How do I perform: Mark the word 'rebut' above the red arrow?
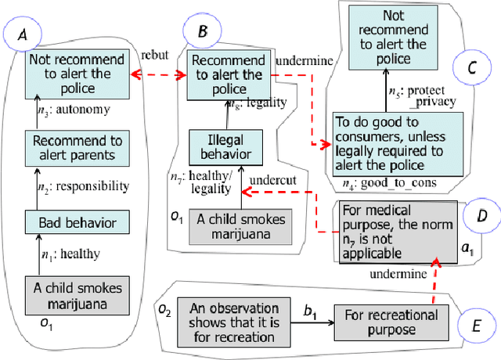[x=153, y=56]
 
